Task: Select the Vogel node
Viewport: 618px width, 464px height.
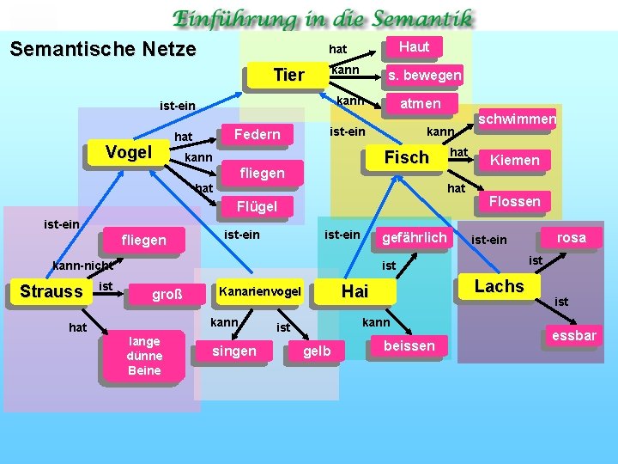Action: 128,153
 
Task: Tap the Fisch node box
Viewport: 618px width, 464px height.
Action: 406,158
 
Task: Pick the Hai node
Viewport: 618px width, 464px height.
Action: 354,291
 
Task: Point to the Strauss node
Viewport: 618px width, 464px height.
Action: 51,291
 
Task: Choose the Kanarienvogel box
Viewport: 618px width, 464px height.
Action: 261,292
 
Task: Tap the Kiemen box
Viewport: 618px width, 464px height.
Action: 514,160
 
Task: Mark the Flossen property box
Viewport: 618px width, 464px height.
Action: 514,202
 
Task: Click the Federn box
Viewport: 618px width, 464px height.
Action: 257,134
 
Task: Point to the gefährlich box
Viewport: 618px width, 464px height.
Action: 414,238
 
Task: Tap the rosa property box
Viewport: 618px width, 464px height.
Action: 571,238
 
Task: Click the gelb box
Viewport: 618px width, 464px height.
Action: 318,351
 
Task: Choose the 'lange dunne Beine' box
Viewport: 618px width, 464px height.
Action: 144,354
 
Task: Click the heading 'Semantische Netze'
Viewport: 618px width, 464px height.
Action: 103,49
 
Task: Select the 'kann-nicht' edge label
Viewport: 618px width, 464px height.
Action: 83,266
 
